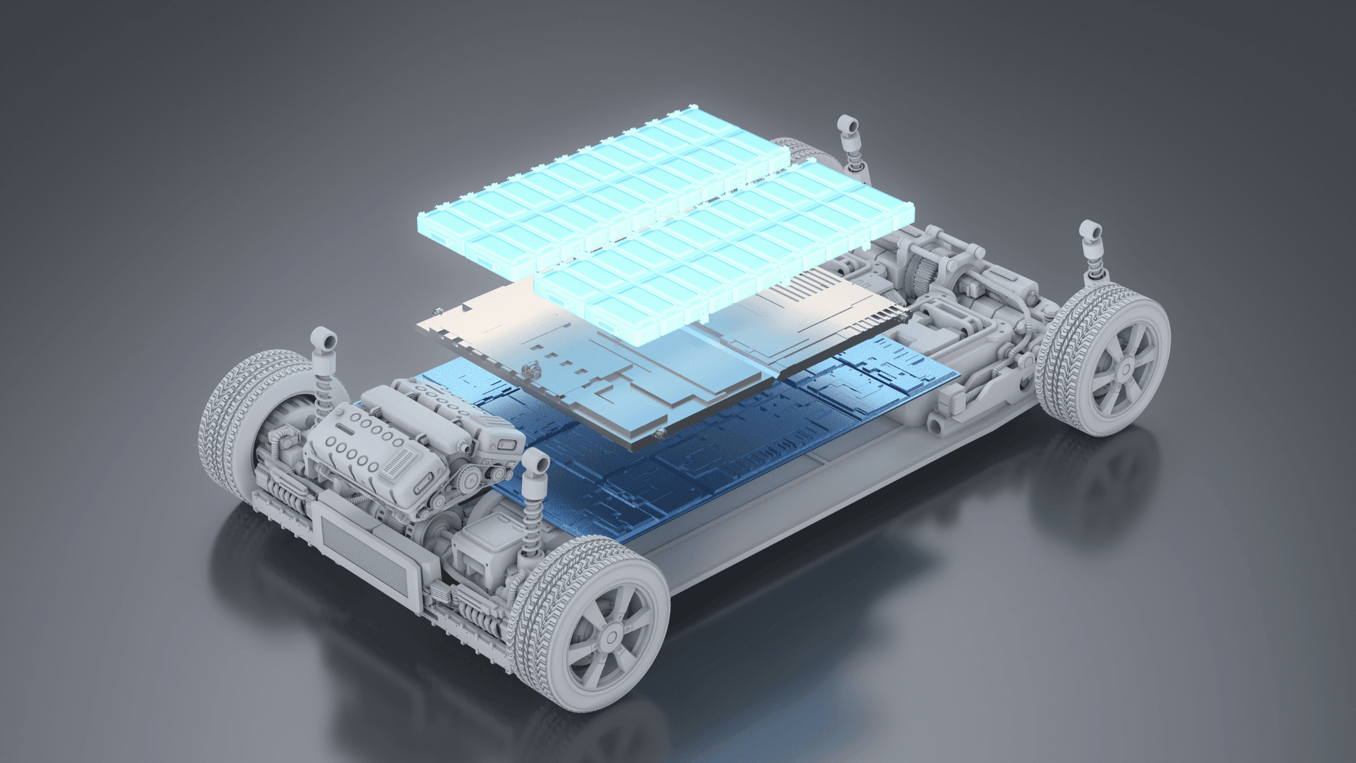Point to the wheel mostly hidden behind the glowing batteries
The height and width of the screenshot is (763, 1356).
[x=805, y=151]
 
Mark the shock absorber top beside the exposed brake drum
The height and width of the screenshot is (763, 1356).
[x=324, y=339]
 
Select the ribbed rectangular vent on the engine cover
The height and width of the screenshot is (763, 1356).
[x=400, y=463]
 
